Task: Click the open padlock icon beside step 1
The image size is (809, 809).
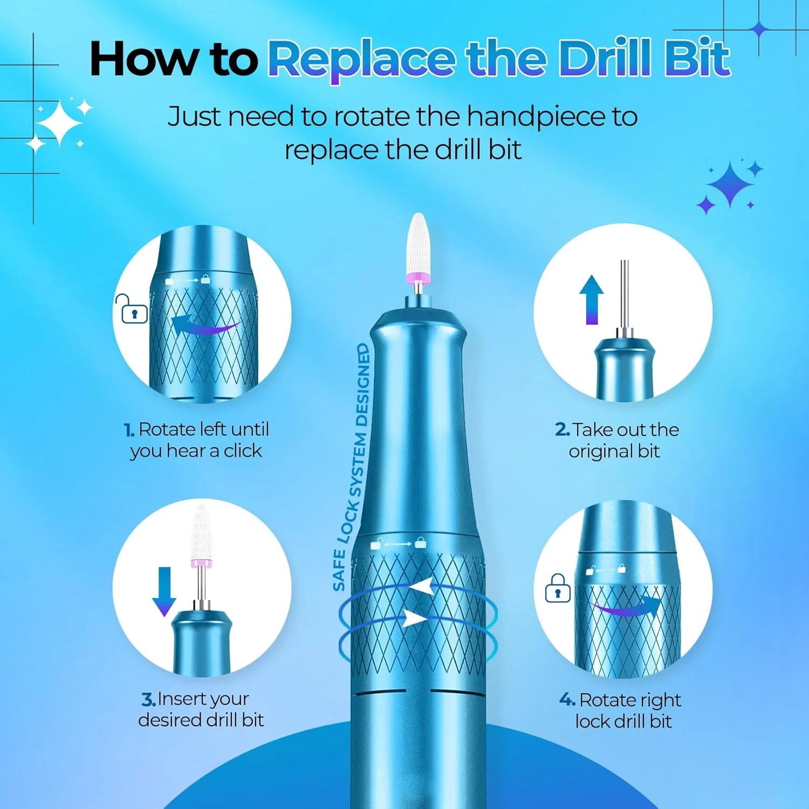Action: point(131,308)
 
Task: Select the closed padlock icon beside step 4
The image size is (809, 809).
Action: point(557,588)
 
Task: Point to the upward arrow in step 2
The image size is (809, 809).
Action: point(592,300)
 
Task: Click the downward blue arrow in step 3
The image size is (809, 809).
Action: point(164,592)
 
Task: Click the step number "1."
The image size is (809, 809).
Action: point(129,430)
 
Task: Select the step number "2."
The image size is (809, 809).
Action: point(563,430)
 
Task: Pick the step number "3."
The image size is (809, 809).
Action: point(149,700)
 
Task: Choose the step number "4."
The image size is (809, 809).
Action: point(567,700)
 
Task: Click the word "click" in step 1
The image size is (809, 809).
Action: point(243,450)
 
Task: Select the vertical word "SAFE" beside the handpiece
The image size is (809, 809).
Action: point(339,570)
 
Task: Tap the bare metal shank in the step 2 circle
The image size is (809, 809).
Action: point(624,294)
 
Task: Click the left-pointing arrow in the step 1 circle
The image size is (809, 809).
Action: point(205,325)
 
